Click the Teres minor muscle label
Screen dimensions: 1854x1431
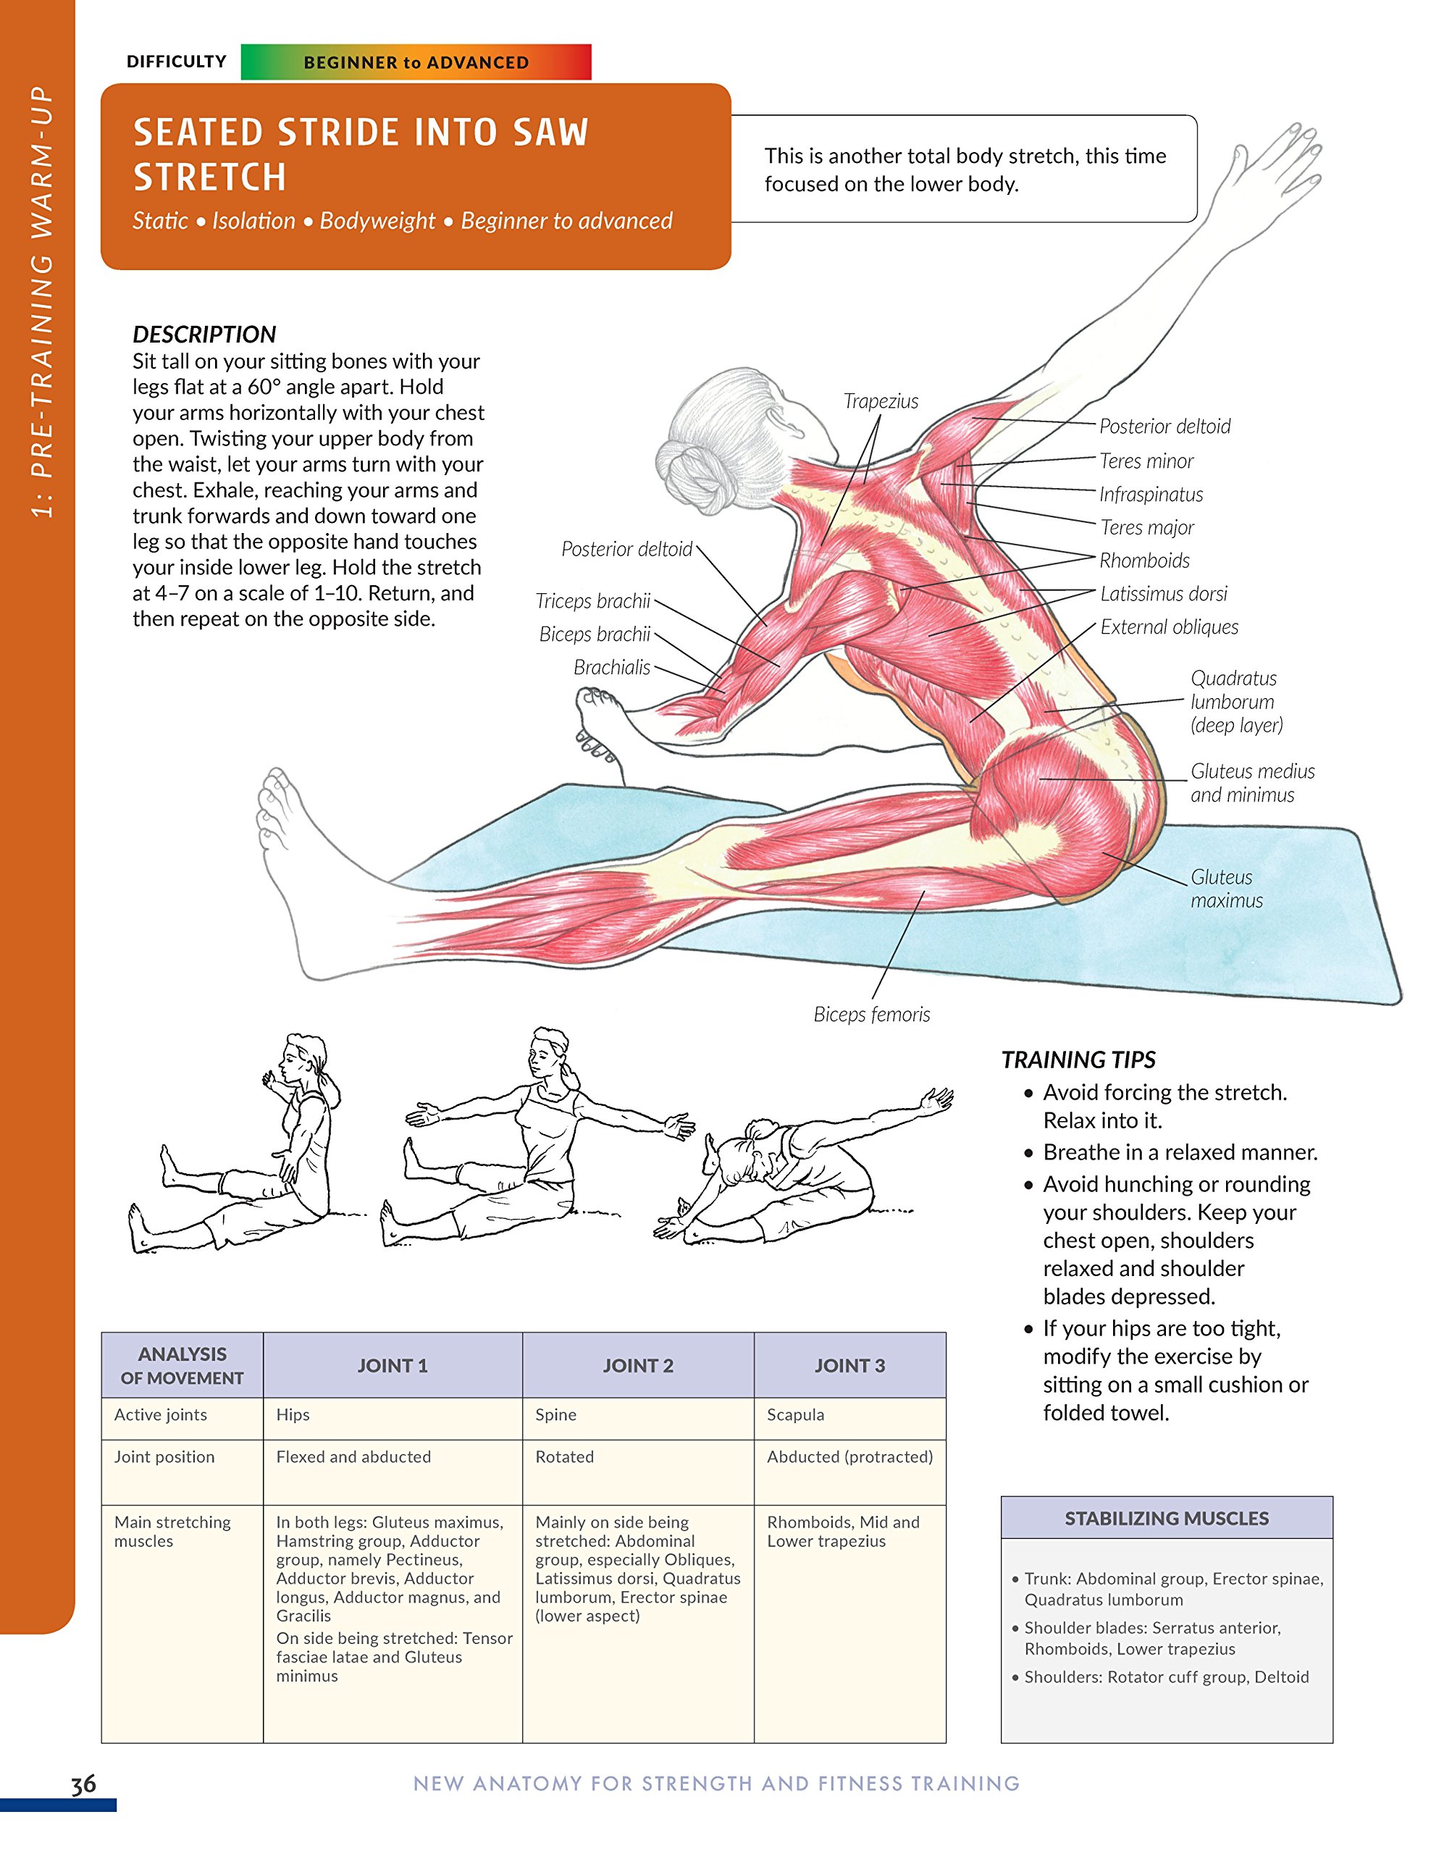click(x=1146, y=461)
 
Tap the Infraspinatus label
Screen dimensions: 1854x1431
click(x=1151, y=494)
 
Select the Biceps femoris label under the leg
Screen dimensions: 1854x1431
click(x=872, y=1015)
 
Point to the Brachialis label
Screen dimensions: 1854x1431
click(x=611, y=667)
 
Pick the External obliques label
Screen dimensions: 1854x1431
click(x=1169, y=626)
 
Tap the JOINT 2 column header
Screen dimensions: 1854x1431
click(x=637, y=1365)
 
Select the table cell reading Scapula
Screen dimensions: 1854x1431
click(x=795, y=1414)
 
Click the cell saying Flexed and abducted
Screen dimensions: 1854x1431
click(x=353, y=1456)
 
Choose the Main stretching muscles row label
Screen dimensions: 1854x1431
click(x=172, y=1532)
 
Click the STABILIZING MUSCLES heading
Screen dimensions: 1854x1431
click(x=1166, y=1518)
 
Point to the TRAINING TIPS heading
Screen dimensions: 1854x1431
click(x=1078, y=1060)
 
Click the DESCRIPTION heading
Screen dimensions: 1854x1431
click(x=203, y=334)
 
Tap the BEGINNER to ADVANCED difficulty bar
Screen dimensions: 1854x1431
click(x=416, y=63)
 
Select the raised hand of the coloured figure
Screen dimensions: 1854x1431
click(x=1277, y=162)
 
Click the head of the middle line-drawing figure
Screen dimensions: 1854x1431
click(x=549, y=1052)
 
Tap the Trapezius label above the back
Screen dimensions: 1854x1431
click(x=880, y=400)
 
